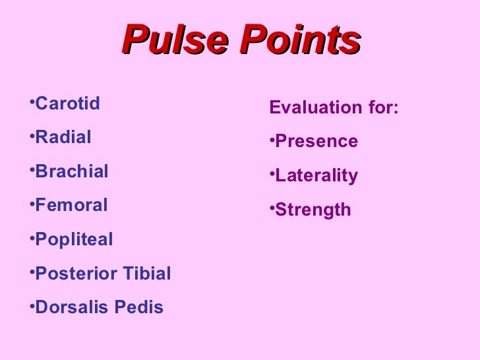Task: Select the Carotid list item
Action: tap(67, 104)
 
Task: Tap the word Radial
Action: tap(63, 137)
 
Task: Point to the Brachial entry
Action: tap(72, 171)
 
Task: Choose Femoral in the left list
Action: tap(71, 205)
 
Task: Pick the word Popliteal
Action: tap(74, 240)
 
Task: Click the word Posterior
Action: tap(75, 274)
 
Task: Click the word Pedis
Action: tap(138, 307)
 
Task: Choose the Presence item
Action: tap(316, 141)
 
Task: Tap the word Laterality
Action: tap(316, 176)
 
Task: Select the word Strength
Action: tap(313, 210)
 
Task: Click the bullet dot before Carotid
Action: tap(32, 102)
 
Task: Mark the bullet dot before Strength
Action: tap(272, 208)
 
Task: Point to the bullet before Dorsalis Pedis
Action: tap(32, 306)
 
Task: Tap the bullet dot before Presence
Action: tap(272, 140)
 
